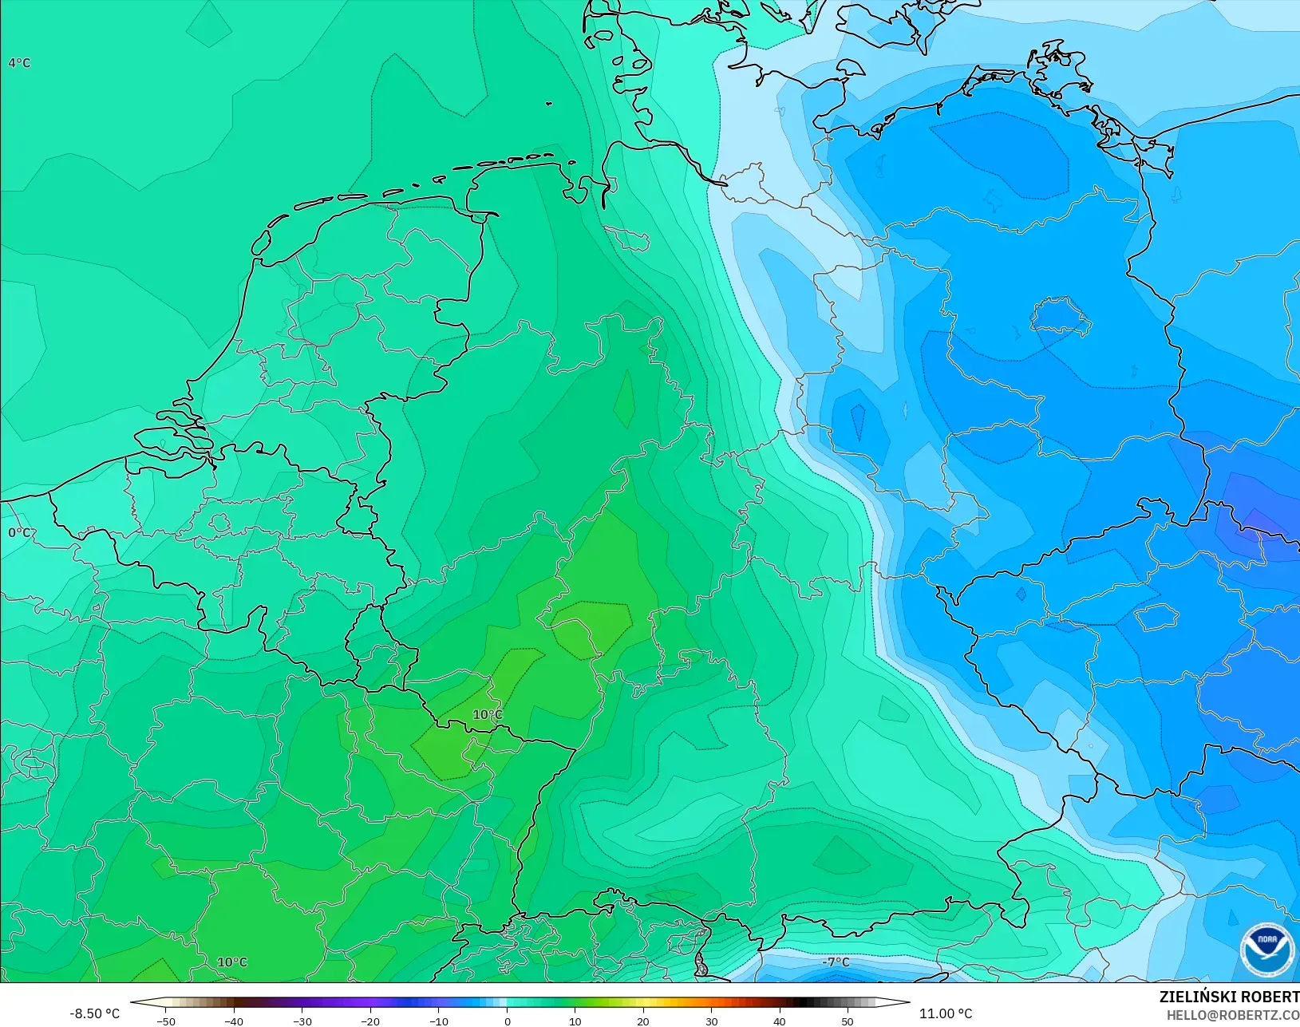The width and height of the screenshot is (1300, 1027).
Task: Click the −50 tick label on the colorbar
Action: (165, 1021)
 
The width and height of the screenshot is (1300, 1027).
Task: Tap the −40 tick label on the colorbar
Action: (233, 1021)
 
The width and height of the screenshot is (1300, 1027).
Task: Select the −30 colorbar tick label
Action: (302, 1021)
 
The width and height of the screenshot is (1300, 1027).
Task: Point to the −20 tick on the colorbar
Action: (369, 1021)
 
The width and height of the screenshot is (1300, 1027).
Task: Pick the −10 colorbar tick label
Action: (438, 1021)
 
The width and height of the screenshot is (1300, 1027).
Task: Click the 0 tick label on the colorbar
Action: (508, 1021)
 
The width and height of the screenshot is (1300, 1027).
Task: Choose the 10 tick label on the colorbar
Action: (575, 1021)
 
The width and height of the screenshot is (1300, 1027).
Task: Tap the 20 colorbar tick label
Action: (643, 1021)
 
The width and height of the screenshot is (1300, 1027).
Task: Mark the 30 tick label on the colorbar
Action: (712, 1021)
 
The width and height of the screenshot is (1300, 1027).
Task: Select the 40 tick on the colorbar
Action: (780, 1021)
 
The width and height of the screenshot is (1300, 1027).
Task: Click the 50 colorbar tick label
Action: (848, 1021)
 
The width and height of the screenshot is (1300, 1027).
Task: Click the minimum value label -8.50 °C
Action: (94, 1013)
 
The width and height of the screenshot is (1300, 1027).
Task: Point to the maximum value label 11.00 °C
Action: (946, 1013)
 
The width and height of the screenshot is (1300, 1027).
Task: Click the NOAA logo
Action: (1267, 949)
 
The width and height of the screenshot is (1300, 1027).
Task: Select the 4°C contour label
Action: (19, 63)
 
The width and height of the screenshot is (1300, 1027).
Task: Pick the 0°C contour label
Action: (19, 532)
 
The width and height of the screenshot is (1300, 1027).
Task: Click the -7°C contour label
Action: (836, 962)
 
